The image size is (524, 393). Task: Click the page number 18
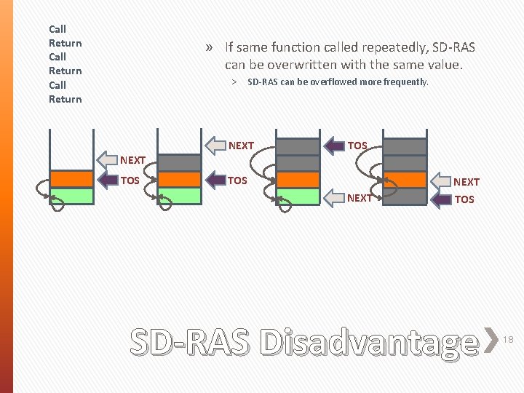pyautogui.click(x=509, y=340)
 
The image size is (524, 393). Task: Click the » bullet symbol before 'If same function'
pyautogui.click(x=210, y=48)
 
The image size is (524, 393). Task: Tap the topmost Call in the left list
pyautogui.click(x=57, y=29)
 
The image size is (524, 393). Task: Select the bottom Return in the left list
pyautogui.click(x=65, y=99)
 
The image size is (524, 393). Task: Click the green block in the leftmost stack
pyautogui.click(x=71, y=196)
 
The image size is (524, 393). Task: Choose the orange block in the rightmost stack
pyautogui.click(x=405, y=180)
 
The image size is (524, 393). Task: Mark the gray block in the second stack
pyautogui.click(x=178, y=162)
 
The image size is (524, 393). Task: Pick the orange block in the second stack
pyautogui.click(x=178, y=179)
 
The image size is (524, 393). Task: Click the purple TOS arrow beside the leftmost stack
pyautogui.click(x=108, y=180)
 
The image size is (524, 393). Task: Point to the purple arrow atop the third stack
pyautogui.click(x=333, y=146)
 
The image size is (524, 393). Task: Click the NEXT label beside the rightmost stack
pyautogui.click(x=467, y=182)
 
